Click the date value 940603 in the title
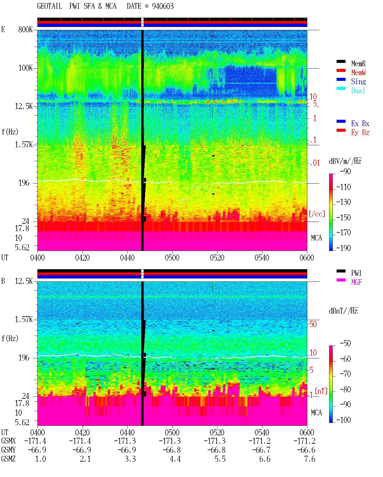tap(162, 6)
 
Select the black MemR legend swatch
tap(341, 61)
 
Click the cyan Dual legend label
tap(358, 90)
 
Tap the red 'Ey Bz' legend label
tap(360, 133)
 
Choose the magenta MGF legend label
tap(356, 282)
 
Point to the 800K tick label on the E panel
tap(25, 29)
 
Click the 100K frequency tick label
tap(25, 68)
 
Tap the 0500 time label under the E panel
tap(172, 258)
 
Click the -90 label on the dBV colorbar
tap(345, 171)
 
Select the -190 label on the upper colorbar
tap(344, 248)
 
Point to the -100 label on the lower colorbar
tap(344, 420)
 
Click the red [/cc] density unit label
tap(317, 214)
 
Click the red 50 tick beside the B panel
tap(313, 324)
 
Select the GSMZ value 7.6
tap(309, 459)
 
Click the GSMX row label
tap(8, 441)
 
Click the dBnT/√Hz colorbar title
tap(343, 311)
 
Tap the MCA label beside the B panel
tap(316, 413)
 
